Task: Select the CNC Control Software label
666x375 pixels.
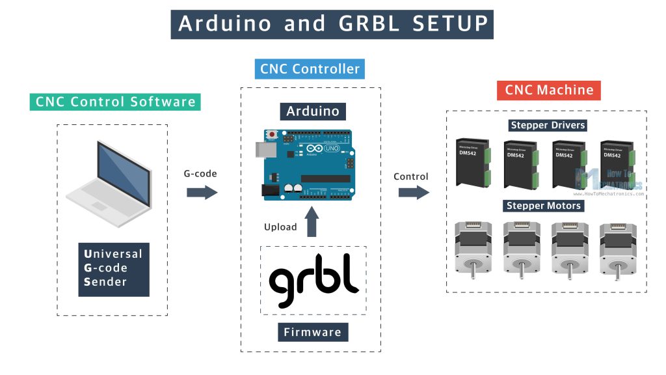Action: click(115, 102)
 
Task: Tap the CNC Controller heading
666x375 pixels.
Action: click(310, 68)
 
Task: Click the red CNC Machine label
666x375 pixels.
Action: click(549, 90)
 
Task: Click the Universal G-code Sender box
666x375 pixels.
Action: click(113, 268)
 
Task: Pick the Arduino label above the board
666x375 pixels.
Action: click(313, 111)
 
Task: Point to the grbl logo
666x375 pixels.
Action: click(313, 281)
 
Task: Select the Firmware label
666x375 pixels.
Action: click(312, 332)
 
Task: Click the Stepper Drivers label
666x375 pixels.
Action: click(547, 125)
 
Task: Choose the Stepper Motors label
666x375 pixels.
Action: click(544, 206)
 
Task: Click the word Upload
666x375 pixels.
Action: click(280, 227)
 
